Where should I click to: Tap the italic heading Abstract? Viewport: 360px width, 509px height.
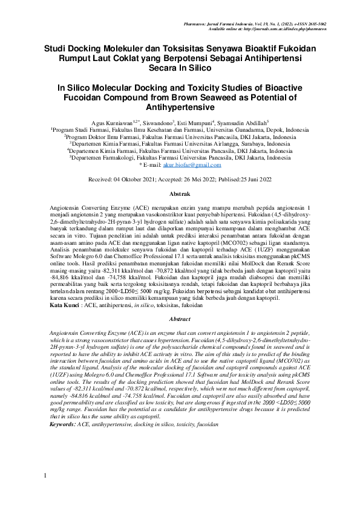(x=180, y=319)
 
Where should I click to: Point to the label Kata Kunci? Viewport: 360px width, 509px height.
(x=64, y=306)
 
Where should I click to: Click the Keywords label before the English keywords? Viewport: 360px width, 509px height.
(x=62, y=425)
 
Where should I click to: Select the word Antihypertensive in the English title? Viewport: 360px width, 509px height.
(x=180, y=108)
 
